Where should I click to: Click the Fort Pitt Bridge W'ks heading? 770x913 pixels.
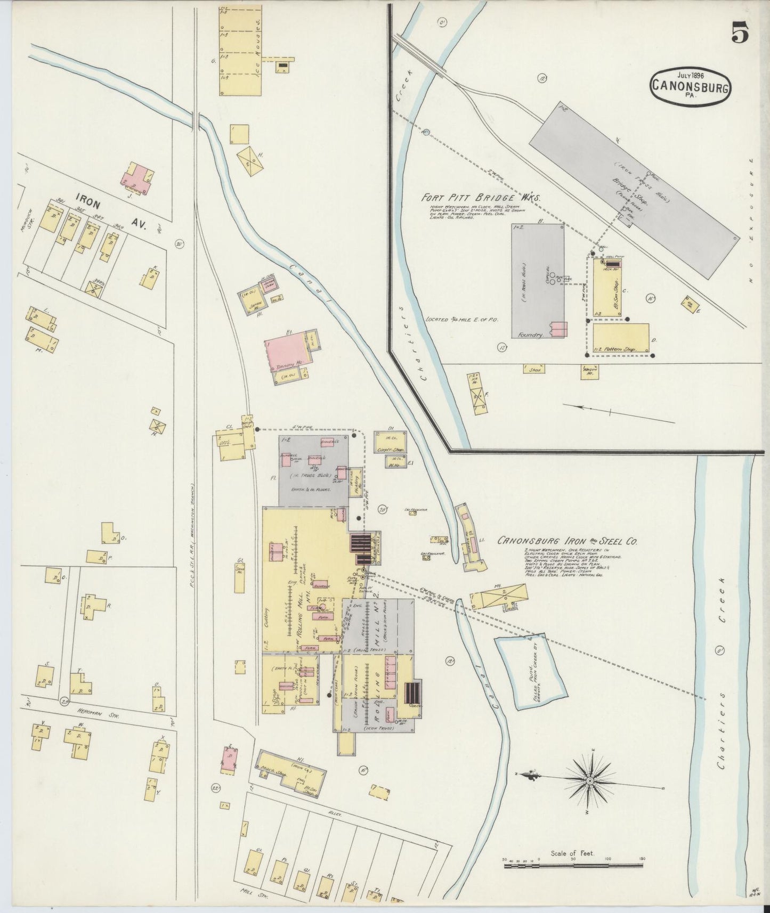tap(481, 197)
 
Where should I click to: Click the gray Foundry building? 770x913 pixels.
tap(537, 281)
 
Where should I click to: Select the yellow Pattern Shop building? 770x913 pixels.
tap(621, 339)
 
